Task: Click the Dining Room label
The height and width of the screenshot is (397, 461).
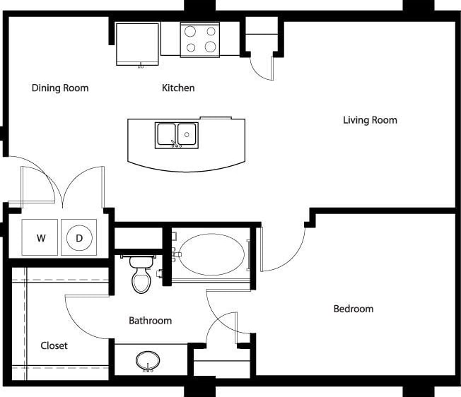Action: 60,88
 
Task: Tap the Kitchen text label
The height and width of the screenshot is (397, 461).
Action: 178,88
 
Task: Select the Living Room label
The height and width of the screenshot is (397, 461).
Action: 370,120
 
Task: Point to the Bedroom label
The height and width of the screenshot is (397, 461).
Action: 354,309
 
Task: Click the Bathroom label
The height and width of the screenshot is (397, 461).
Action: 150,321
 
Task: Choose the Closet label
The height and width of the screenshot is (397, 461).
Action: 54,345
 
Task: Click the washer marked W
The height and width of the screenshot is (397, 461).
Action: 41,238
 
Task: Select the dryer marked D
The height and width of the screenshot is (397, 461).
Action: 79,238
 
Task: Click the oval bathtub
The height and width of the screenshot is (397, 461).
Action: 211,255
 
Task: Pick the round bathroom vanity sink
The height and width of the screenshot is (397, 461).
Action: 148,361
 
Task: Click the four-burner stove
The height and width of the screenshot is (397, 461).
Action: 199,39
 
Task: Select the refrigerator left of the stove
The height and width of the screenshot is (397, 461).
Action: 137,44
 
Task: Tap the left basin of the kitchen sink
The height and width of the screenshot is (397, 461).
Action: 166,133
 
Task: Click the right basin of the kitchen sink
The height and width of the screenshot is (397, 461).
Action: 187,133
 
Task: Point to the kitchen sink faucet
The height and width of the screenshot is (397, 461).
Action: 177,144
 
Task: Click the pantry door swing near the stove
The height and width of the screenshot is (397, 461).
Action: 262,68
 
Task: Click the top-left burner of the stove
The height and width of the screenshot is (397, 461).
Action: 190,31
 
